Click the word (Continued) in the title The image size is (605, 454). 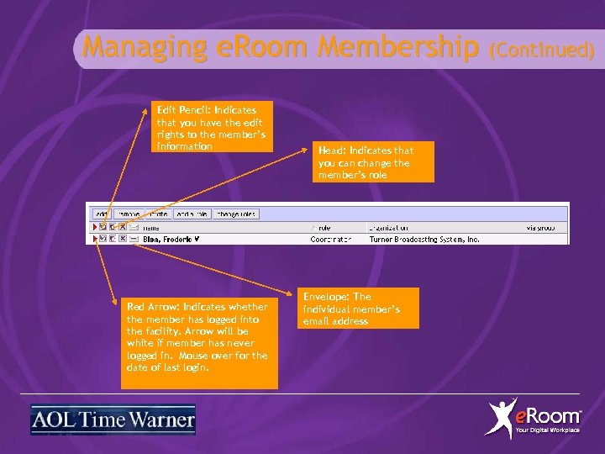(x=543, y=50)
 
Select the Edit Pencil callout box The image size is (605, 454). (x=214, y=128)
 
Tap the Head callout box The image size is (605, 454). (x=374, y=163)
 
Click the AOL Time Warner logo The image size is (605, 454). (x=113, y=420)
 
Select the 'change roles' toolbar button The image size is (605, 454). (x=235, y=214)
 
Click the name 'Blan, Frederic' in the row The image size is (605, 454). (x=171, y=239)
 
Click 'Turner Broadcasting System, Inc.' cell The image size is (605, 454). (x=424, y=239)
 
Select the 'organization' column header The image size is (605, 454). (x=392, y=227)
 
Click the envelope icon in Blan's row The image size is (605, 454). (x=133, y=239)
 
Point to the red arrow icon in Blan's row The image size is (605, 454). (x=94, y=239)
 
